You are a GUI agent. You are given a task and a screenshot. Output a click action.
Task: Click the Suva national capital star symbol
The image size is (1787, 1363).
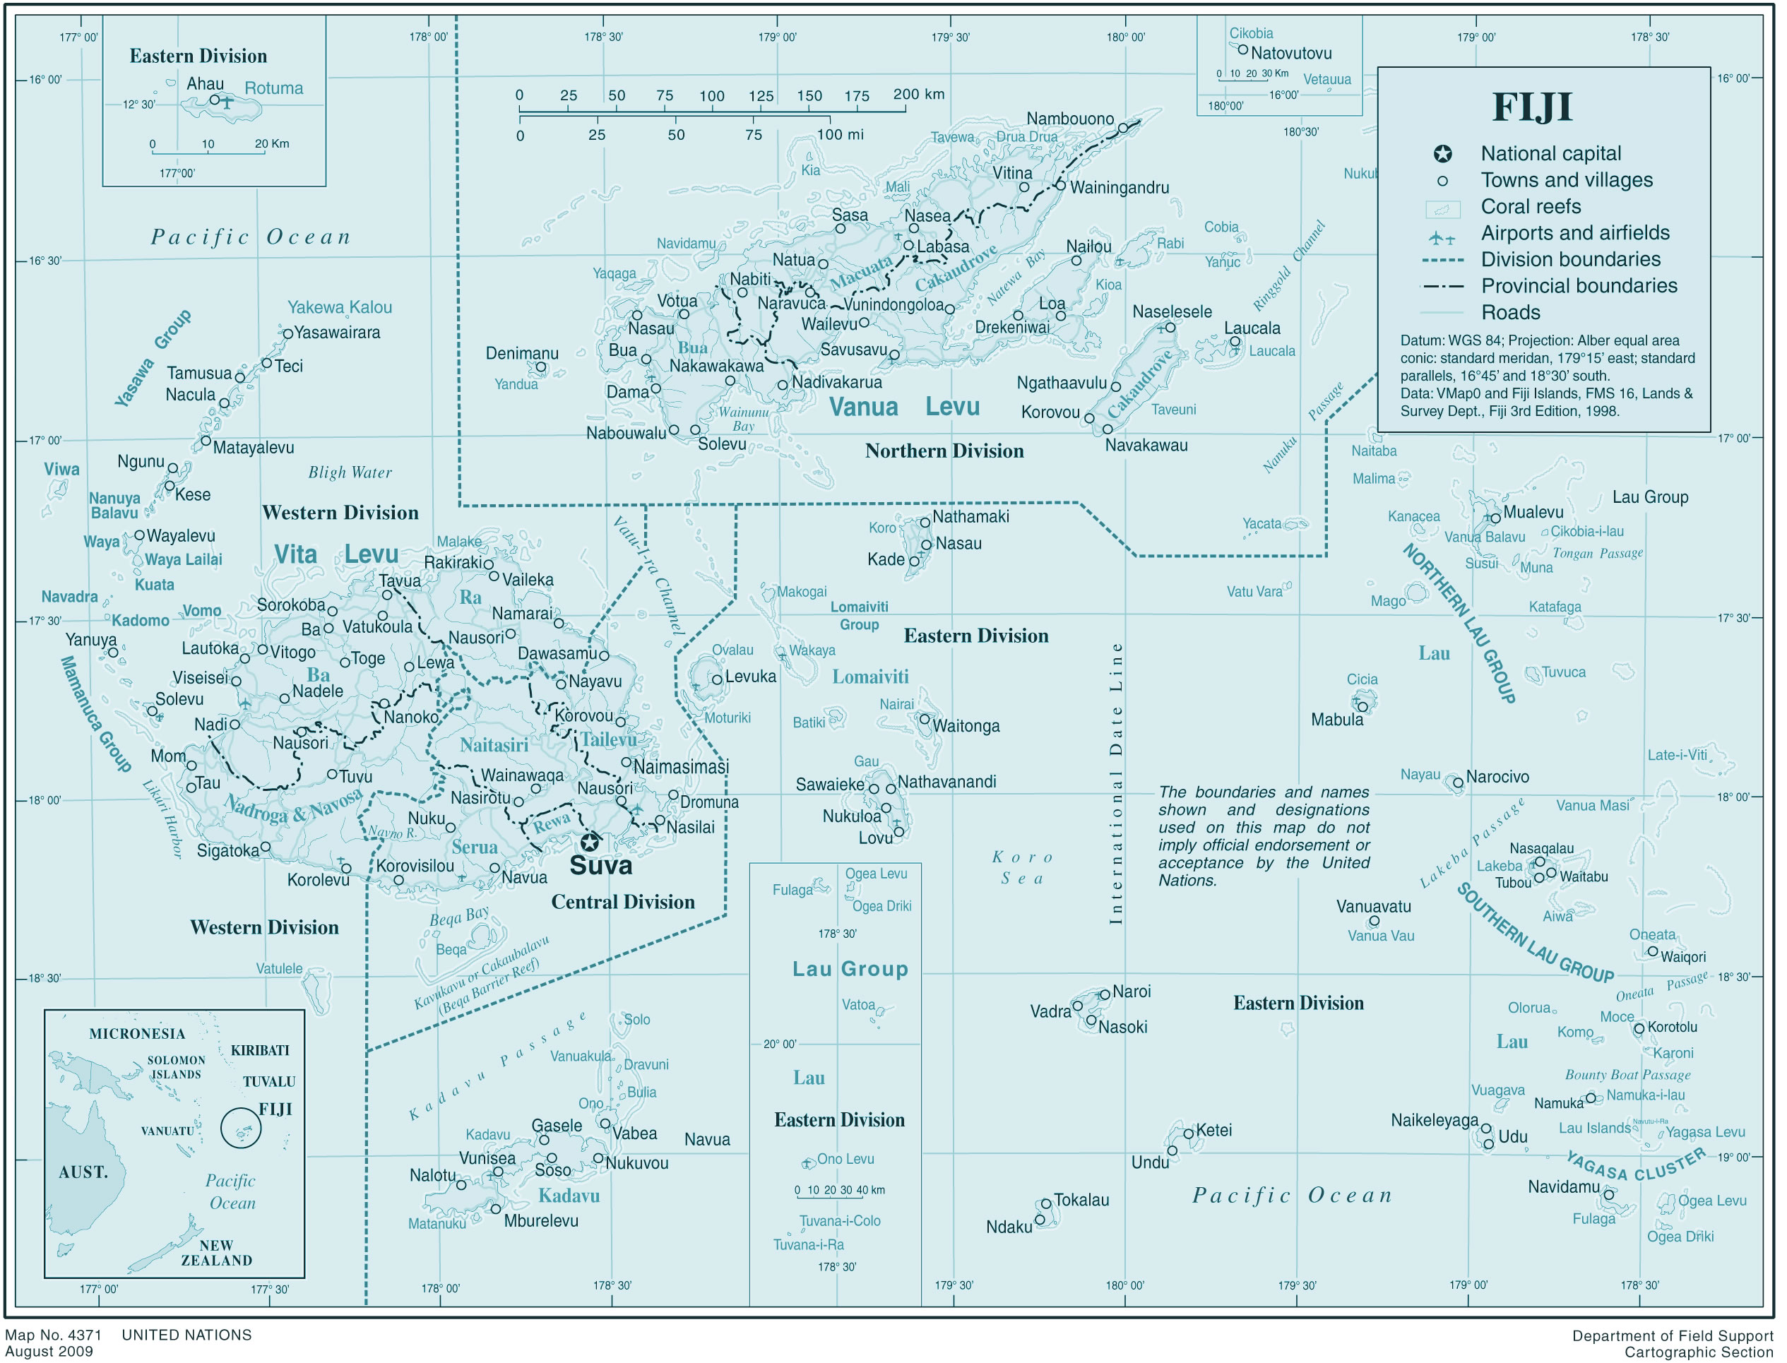[590, 841]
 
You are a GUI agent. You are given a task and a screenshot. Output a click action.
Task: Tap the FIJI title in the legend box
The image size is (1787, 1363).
[1532, 107]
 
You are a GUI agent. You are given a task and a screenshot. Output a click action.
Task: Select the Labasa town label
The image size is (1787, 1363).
[943, 246]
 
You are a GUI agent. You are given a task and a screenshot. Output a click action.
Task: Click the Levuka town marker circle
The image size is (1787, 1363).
[718, 679]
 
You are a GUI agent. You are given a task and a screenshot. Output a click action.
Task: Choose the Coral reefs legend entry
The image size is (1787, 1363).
[1531, 206]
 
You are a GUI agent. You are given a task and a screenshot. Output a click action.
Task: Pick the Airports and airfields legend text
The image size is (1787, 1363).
[1575, 233]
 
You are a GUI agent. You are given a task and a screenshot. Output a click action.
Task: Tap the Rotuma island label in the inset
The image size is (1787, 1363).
[273, 88]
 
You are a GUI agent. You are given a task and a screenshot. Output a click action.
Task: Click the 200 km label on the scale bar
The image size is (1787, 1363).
[919, 94]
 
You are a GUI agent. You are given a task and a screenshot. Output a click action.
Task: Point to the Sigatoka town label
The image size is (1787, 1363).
[228, 850]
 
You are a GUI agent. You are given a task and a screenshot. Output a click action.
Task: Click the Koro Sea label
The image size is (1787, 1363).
[1023, 867]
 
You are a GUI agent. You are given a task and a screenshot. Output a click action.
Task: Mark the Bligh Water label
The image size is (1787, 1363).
[350, 472]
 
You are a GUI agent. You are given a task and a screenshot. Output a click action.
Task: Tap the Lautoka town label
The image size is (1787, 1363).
[210, 648]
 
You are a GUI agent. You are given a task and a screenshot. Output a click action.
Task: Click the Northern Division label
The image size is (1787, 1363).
[944, 451]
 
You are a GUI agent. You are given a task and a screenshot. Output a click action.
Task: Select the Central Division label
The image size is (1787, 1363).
[622, 901]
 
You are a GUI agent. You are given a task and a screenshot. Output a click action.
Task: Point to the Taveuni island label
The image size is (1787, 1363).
[1173, 410]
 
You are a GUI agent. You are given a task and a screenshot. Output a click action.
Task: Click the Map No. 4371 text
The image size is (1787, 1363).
[54, 1335]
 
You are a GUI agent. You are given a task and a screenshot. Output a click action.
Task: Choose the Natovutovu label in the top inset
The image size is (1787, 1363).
[1291, 54]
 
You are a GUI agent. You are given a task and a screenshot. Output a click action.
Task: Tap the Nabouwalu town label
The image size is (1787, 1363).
[626, 433]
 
